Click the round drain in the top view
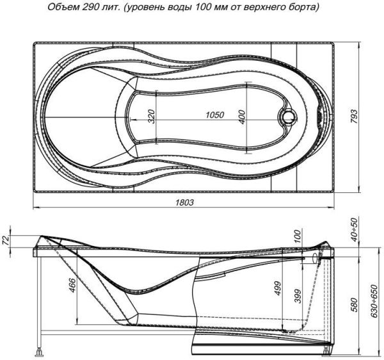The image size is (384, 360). click(x=287, y=117)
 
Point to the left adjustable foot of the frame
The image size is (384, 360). click(x=42, y=350)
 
